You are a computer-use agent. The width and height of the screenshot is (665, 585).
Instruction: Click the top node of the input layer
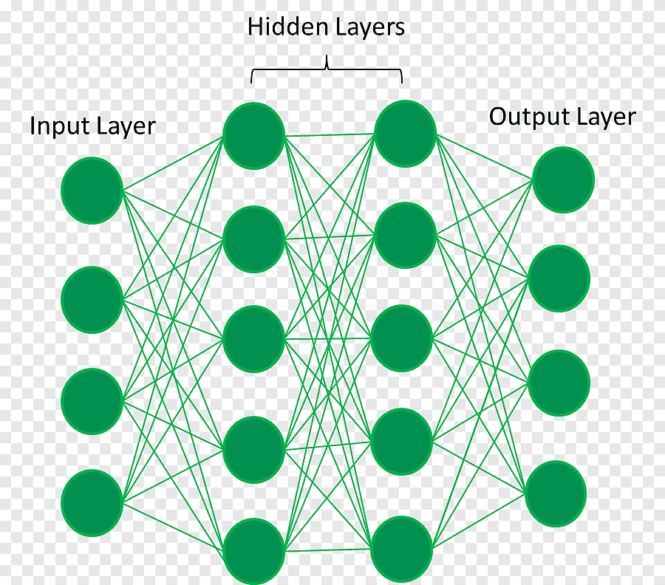(x=92, y=190)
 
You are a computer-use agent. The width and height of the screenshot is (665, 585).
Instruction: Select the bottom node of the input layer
(x=92, y=503)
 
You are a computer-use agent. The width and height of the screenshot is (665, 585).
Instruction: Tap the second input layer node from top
(x=92, y=299)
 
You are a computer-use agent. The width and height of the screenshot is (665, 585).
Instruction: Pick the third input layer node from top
(x=92, y=401)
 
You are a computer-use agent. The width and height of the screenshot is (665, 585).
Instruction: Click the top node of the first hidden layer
(x=253, y=135)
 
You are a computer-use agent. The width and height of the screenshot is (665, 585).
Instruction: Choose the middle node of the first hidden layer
(x=253, y=339)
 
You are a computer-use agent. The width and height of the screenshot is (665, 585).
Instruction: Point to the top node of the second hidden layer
(x=405, y=133)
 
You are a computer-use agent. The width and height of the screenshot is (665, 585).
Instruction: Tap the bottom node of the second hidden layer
(x=401, y=549)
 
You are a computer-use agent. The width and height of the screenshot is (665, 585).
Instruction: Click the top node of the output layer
(x=563, y=179)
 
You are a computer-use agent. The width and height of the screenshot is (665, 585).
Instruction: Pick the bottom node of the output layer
(x=556, y=493)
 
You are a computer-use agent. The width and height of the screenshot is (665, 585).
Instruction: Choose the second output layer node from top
(x=559, y=278)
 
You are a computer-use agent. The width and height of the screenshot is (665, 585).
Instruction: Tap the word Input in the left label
(x=53, y=126)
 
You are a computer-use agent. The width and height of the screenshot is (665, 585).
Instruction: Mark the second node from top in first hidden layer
(x=253, y=239)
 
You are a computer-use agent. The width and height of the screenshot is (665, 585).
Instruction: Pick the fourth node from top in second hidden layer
(x=402, y=442)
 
